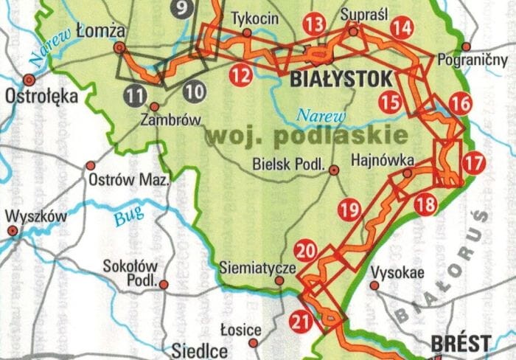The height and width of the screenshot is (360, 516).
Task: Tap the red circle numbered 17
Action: click(x=475, y=162)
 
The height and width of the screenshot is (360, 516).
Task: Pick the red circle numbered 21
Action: click(x=300, y=321)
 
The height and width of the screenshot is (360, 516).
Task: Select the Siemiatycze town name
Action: click(x=257, y=268)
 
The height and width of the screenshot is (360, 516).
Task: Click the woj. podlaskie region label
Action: click(x=307, y=135)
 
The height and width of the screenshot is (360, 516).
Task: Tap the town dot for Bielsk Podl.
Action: click(x=334, y=170)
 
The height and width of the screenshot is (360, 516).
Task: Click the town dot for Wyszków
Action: click(x=13, y=231)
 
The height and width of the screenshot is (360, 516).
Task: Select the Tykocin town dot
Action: click(x=248, y=32)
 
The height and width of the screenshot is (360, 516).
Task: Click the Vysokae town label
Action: click(x=397, y=271)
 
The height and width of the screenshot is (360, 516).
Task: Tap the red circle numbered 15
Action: click(x=391, y=102)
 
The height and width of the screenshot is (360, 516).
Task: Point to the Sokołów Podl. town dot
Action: click(x=164, y=283)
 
